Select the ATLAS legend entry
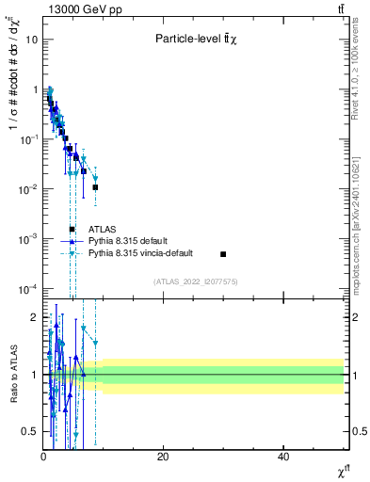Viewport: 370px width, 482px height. pyautogui.click(x=105, y=229)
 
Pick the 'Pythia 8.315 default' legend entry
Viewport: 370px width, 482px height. pyautogui.click(x=132, y=241)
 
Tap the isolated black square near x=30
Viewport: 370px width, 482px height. pyautogui.click(x=223, y=254)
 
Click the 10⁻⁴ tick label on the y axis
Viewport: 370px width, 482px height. pyautogui.click(x=30, y=289)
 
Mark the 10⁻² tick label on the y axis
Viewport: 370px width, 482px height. pyautogui.click(x=30, y=189)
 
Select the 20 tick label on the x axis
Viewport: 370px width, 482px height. pyautogui.click(x=163, y=457)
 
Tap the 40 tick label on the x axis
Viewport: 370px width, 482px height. pyautogui.click(x=283, y=457)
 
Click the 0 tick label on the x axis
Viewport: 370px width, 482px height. pyautogui.click(x=43, y=457)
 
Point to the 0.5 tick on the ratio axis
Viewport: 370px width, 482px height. pyautogui.click(x=31, y=432)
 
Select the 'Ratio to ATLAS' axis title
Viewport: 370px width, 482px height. pyautogui.click(x=12, y=374)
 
